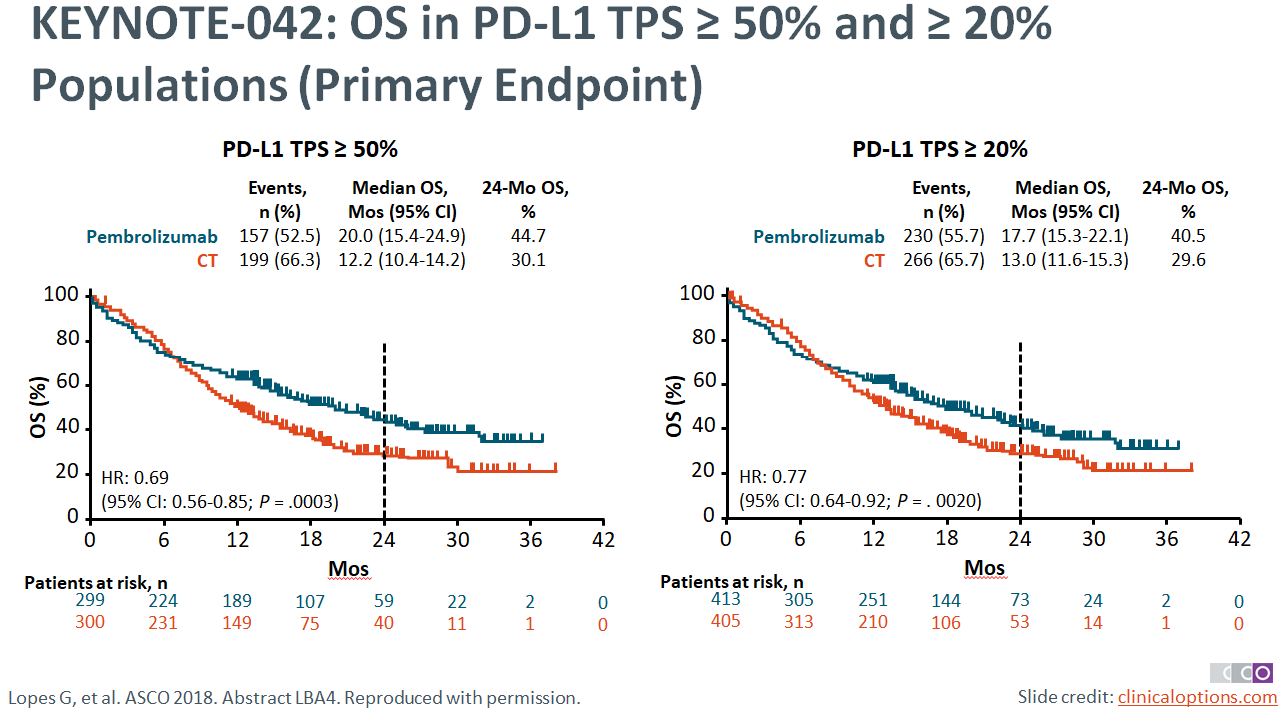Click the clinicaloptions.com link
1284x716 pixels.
(1196, 696)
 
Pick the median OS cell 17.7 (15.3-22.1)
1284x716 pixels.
(1066, 237)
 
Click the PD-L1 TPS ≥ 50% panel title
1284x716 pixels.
(310, 150)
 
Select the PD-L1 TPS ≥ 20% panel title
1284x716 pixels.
(939, 150)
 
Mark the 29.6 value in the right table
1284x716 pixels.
(1187, 261)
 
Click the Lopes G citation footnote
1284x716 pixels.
(295, 697)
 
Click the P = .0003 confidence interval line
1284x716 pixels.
(220, 501)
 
